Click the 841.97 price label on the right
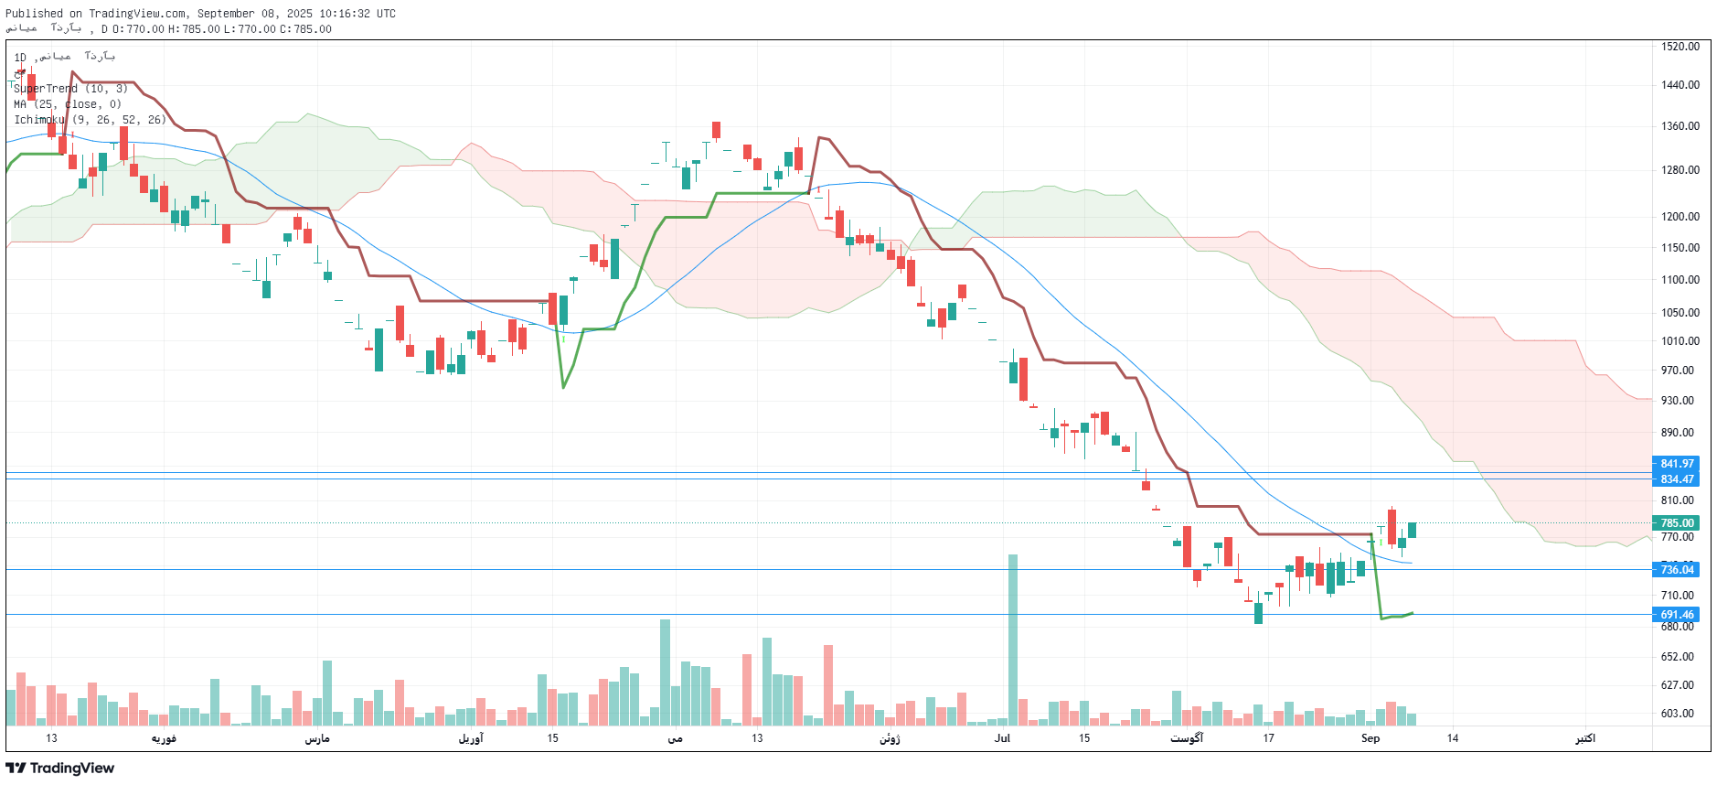pos(1676,464)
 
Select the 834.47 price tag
pos(1676,479)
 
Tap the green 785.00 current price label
pos(1676,523)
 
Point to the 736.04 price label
pos(1676,570)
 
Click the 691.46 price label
pos(1676,615)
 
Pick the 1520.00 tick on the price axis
pos(1680,47)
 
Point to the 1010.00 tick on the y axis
pos(1680,341)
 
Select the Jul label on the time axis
pos(1002,738)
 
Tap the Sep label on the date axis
pos(1370,738)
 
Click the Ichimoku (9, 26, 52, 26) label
pos(90,120)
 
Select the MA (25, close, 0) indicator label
pos(68,104)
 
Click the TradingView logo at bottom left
pos(60,768)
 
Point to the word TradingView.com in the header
pos(138,14)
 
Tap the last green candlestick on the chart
pos(1412,530)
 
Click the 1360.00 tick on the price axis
pos(1680,126)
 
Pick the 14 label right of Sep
pos(1452,738)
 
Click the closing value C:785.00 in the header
pos(305,29)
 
